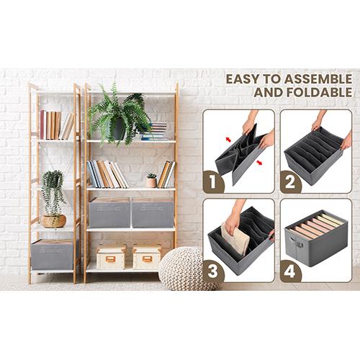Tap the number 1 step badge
[213, 182]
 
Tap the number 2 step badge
[290, 182]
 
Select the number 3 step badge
[213, 271]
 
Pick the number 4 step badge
[290, 271]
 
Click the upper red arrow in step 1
[228, 140]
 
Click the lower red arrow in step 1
[259, 163]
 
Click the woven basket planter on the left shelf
[53, 221]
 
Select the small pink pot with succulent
[151, 182]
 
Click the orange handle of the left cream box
[111, 259]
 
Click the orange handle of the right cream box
[147, 259]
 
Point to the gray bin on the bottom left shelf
[53, 254]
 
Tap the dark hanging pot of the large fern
[120, 130]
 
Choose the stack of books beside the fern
[154, 131]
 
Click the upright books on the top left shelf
[57, 125]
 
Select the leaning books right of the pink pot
[166, 174]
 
